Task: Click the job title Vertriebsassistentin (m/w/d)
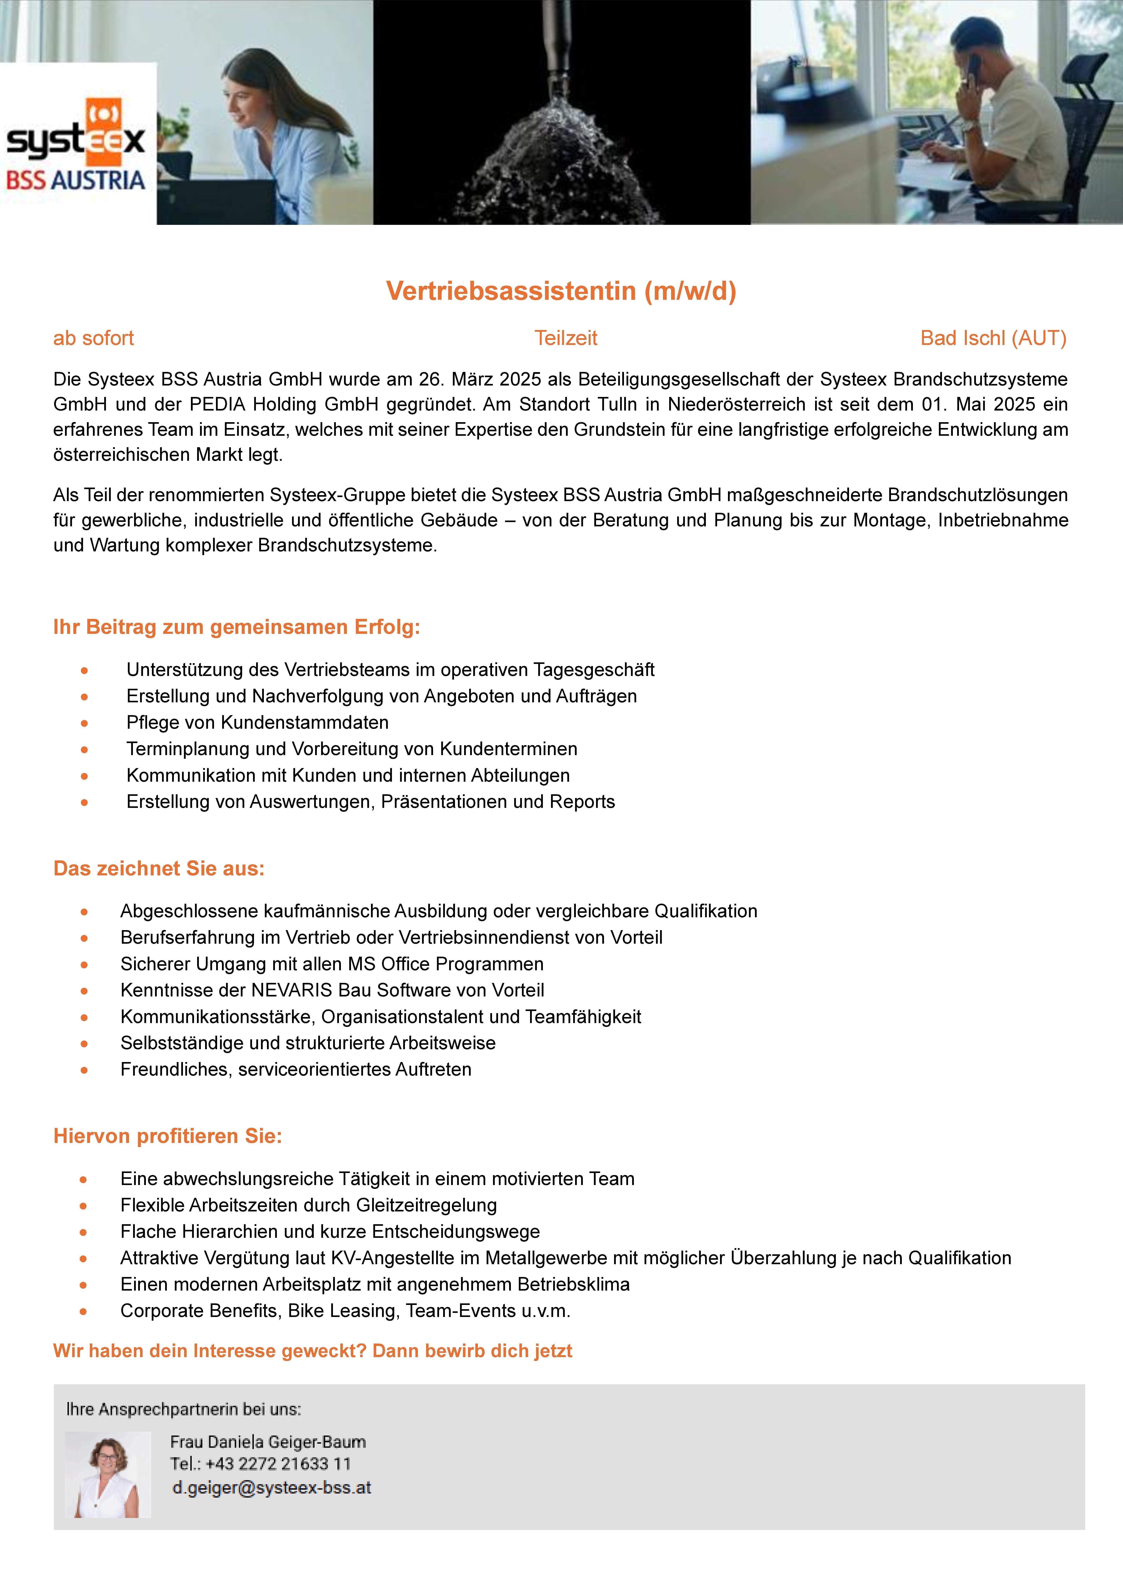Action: coord(561,291)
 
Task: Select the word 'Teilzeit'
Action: coord(566,338)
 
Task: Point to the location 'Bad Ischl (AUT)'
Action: coord(993,338)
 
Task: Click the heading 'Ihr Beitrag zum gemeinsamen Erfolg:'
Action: coord(237,627)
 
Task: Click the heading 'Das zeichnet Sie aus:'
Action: coord(159,869)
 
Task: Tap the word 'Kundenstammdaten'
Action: coord(305,723)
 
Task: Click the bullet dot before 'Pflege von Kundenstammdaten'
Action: coord(84,723)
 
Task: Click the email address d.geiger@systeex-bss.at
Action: coord(272,1488)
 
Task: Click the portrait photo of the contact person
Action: coord(108,1475)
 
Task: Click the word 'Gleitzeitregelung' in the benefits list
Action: coord(427,1206)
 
